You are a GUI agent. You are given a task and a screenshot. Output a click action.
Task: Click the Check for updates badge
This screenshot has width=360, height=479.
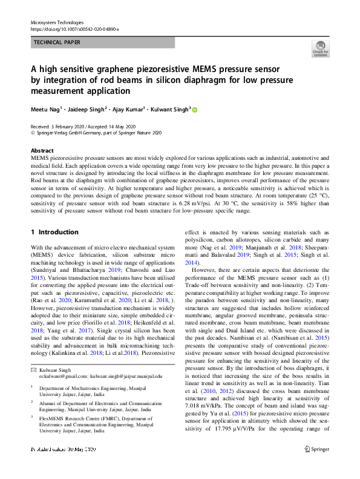click(320, 49)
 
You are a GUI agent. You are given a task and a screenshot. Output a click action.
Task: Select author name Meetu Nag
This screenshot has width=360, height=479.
click(44, 110)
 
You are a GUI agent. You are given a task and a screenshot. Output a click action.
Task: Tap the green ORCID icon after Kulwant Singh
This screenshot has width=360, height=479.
click(194, 110)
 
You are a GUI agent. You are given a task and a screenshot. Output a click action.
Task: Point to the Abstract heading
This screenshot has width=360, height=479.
click(42, 150)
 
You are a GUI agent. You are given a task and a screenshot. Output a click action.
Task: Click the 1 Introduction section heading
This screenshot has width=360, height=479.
click(54, 232)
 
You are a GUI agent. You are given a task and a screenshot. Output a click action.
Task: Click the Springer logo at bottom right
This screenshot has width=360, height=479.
click(316, 466)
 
